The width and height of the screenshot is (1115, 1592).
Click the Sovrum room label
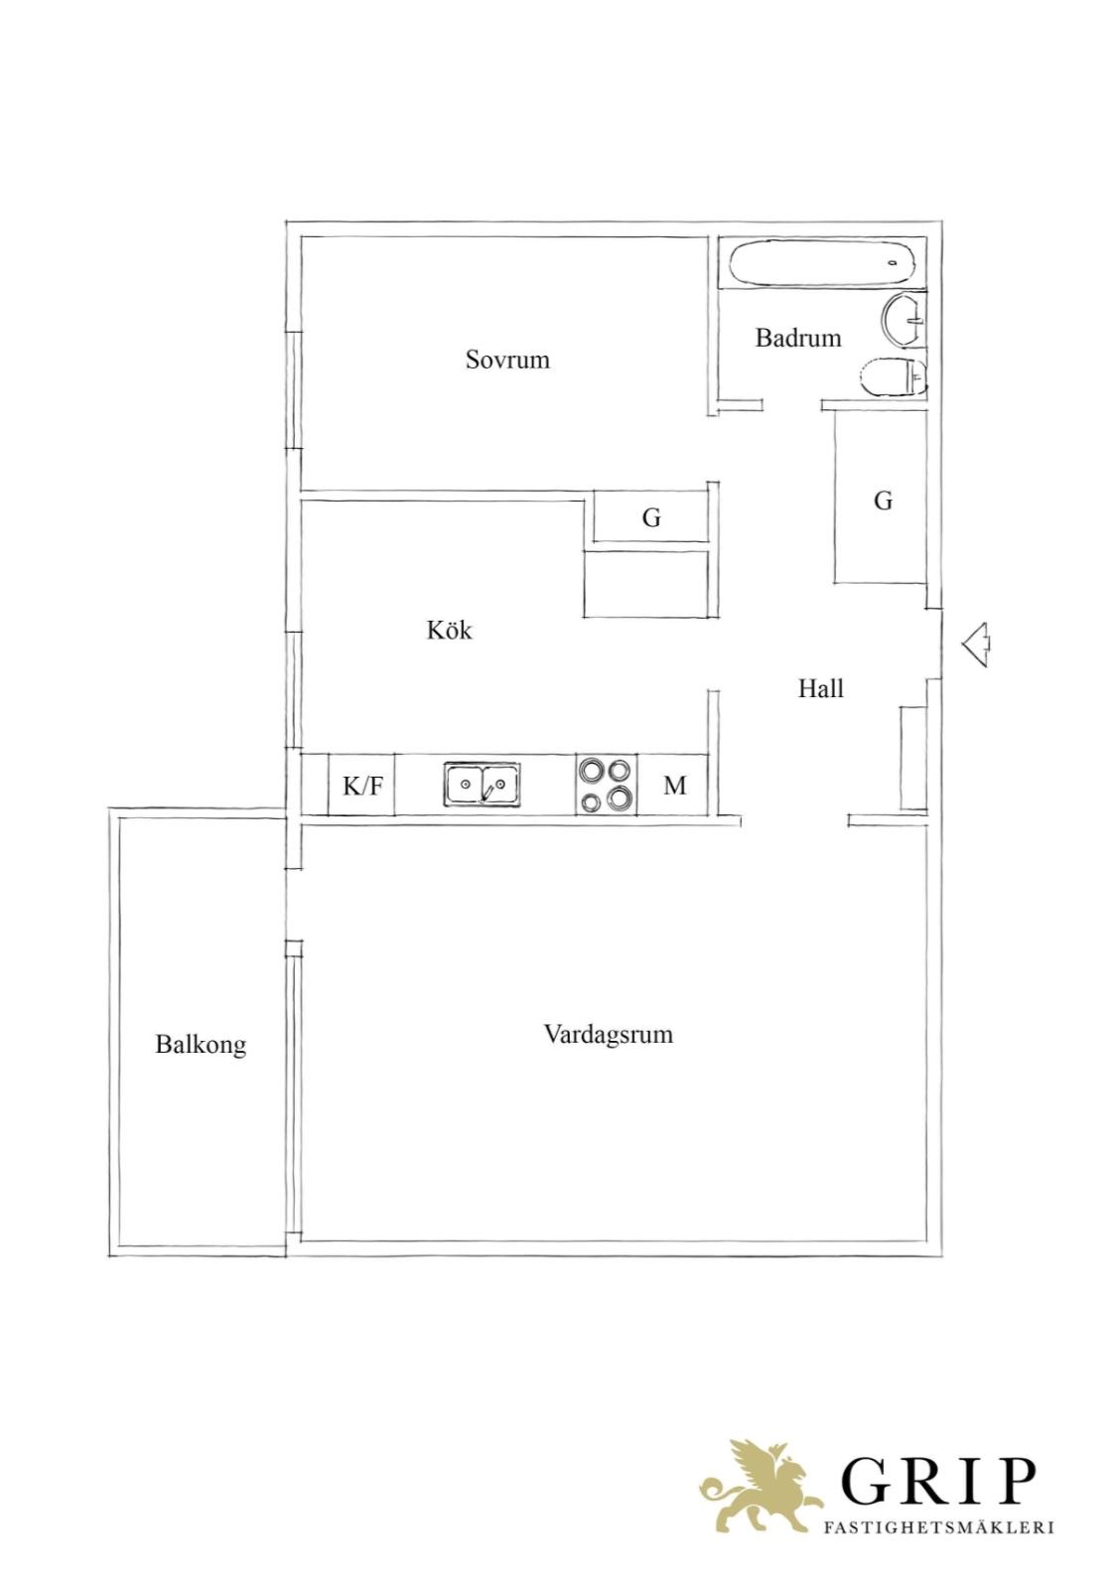[507, 359]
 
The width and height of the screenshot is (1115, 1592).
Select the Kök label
[449, 630]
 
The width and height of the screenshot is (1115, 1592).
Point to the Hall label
[821, 688]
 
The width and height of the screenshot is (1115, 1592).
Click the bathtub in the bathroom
[821, 263]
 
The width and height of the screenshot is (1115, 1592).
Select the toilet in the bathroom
[893, 376]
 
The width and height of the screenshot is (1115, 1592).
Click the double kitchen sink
[482, 784]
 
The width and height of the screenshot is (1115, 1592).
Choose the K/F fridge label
[362, 786]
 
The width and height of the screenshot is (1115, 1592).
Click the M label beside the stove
[674, 786]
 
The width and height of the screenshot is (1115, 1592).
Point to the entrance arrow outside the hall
[976, 645]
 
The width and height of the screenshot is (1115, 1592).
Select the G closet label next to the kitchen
[651, 517]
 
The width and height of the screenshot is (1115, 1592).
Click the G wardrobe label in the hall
[883, 502]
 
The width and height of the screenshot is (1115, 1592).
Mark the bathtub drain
[894, 263]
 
